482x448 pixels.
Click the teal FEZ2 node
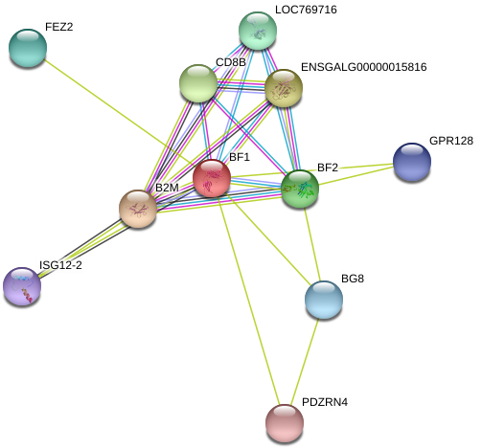pos(28,48)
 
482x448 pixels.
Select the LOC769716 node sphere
pos(258,31)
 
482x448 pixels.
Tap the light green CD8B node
pos(198,83)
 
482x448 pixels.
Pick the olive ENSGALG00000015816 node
pos(284,88)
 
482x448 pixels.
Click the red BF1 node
pos(212,178)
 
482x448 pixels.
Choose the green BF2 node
pos(300,189)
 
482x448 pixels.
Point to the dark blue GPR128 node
pos(412,162)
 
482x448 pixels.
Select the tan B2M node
pos(138,209)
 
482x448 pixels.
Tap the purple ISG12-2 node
pos(22,286)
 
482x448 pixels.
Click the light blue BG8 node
pos(324,300)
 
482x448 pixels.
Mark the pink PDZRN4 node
pos(285,423)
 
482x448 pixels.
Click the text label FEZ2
pos(59,27)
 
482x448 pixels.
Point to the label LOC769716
pos(306,10)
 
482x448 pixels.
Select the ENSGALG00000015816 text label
pos(364,67)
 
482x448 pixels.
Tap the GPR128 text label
pos(451,141)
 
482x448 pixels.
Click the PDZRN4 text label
pos(325,402)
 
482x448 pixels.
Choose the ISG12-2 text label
pos(60,265)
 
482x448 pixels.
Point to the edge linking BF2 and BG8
pos(312,244)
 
